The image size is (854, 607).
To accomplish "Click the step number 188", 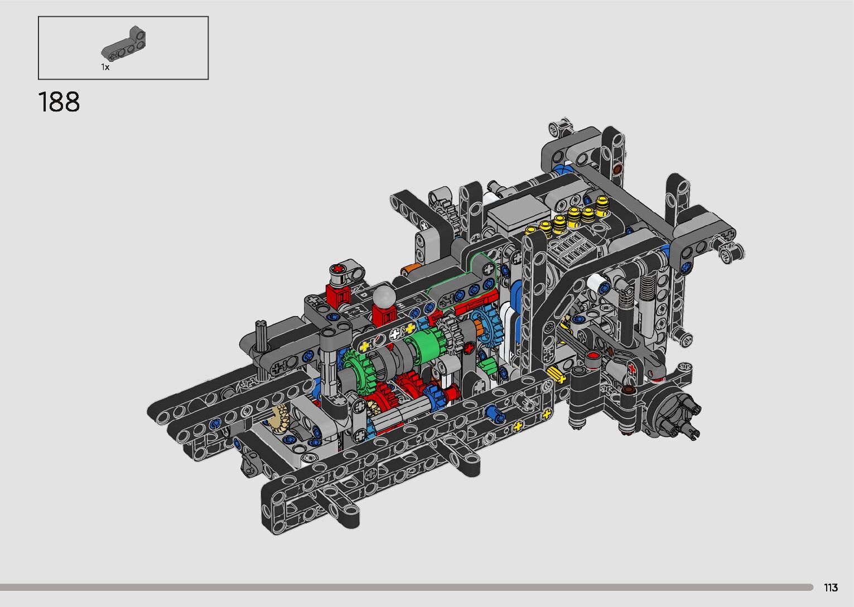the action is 59,102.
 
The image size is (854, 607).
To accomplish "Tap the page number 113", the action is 831,587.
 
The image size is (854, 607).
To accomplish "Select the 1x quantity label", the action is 105,67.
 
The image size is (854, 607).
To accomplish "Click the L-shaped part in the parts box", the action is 123,44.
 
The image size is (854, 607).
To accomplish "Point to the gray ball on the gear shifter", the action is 384,295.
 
